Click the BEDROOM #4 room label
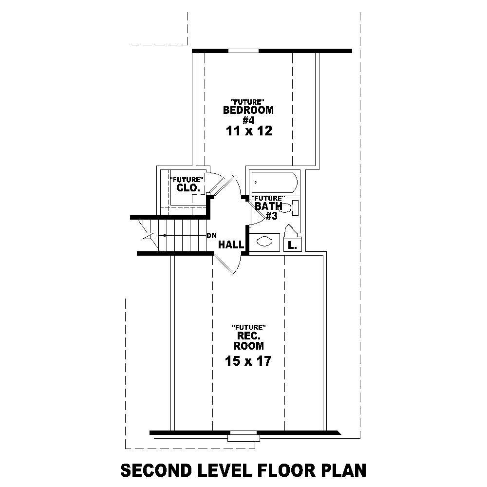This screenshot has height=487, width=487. point(248,114)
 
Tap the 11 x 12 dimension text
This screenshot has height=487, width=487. point(248,131)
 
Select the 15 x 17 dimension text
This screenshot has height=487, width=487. point(248,361)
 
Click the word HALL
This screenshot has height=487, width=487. point(230,245)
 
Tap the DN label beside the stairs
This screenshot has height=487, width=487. point(211,236)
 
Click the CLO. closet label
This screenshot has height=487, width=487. point(186,187)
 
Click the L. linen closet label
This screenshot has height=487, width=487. point(292,245)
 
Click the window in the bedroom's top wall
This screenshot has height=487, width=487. point(243,51)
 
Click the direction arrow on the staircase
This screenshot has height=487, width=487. point(166,235)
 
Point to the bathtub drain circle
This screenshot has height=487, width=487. point(256,183)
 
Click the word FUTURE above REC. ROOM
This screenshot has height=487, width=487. point(248,326)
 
